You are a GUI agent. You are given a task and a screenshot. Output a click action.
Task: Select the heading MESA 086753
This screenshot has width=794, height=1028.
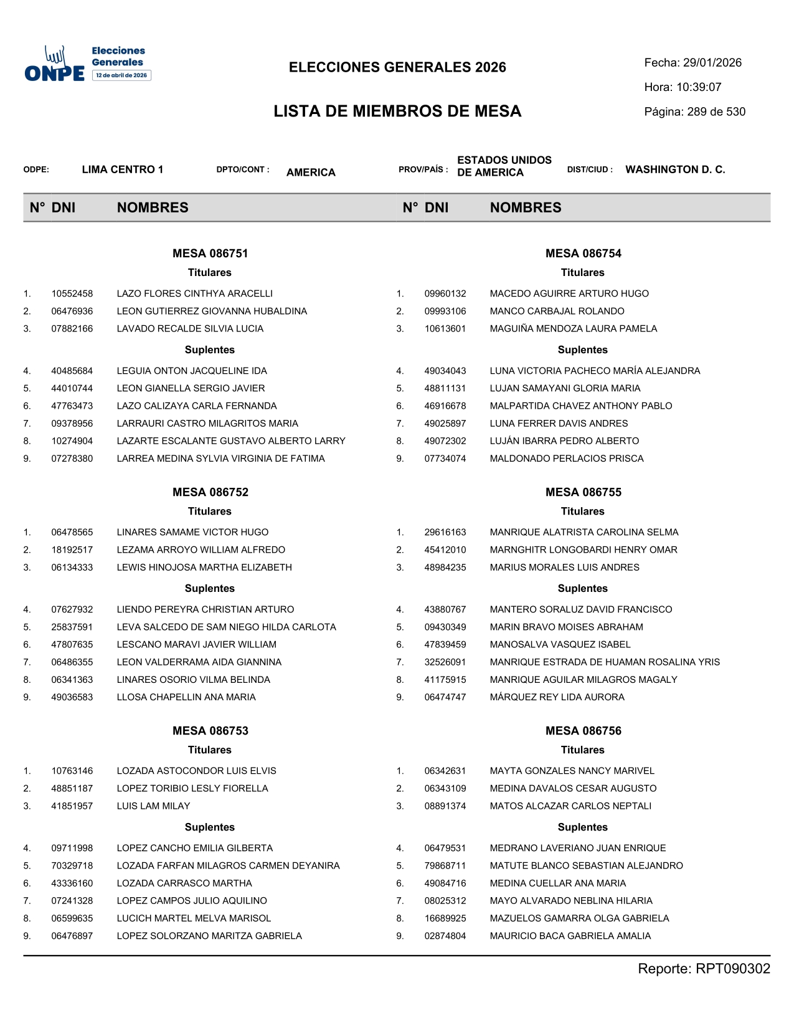point(210,731)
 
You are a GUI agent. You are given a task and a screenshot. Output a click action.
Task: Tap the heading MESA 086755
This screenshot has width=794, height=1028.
point(583,492)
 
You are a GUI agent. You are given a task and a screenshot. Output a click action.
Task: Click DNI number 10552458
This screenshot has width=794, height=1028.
point(72,293)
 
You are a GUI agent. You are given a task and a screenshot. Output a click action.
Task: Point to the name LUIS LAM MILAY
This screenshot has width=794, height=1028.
point(153,806)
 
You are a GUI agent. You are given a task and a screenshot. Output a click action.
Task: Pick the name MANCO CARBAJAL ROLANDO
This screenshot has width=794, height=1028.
point(557,311)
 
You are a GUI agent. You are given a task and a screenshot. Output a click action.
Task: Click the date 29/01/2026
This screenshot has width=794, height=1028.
point(712,63)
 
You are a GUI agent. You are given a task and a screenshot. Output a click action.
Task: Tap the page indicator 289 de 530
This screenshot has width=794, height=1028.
point(716,112)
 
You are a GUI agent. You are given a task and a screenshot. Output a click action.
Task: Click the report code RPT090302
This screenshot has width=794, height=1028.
point(732,969)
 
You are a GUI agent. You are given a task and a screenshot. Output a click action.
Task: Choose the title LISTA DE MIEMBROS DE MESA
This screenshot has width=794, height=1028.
point(397,112)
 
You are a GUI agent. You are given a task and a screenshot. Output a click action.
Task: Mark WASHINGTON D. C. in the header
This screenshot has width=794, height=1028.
point(675,169)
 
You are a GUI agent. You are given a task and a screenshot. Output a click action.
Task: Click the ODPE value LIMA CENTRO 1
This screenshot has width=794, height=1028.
point(123,169)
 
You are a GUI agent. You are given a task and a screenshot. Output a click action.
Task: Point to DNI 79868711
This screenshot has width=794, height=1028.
point(445,866)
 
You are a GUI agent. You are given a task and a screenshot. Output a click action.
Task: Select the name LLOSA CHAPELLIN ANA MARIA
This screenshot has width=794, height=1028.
point(186,697)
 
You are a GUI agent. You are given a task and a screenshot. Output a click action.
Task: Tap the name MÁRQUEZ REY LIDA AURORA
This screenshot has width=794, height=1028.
point(557,697)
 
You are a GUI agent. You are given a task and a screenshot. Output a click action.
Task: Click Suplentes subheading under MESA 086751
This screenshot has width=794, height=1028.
point(210,350)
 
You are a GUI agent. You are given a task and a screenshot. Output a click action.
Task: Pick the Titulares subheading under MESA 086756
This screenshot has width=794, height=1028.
point(582,750)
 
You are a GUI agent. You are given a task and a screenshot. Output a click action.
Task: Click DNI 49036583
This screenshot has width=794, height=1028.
point(72,697)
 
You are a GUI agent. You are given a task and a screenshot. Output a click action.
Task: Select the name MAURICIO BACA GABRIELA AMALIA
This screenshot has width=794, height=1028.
point(570,936)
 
